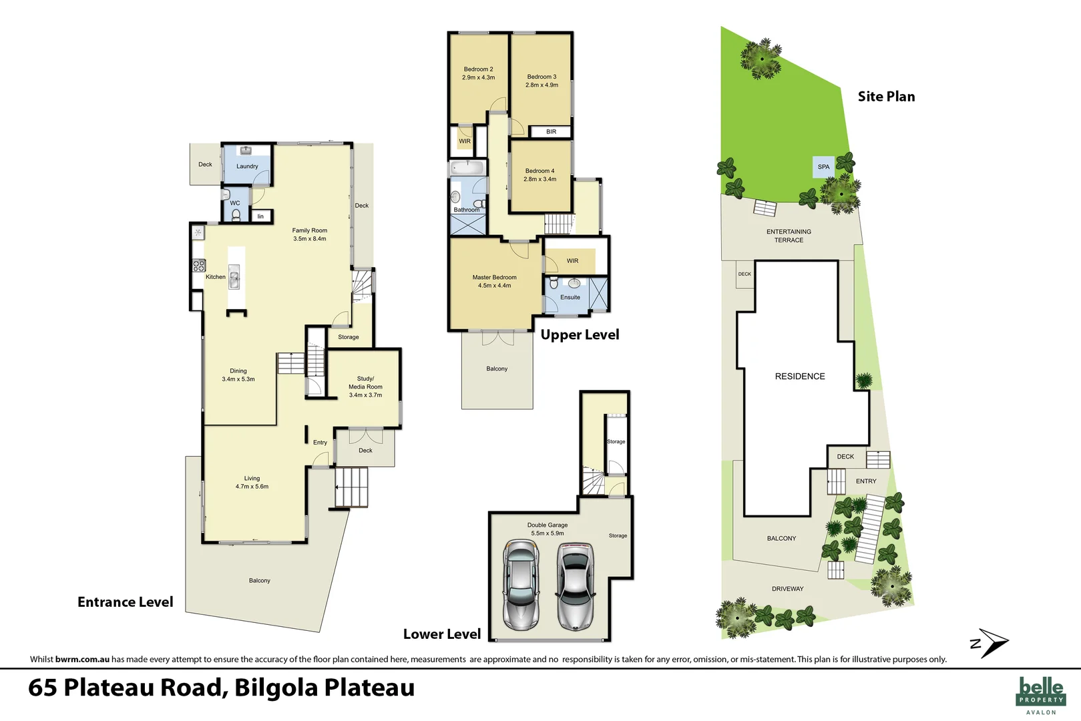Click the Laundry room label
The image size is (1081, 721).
point(247,166)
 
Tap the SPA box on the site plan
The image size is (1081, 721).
point(823,167)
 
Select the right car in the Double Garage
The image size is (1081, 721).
point(575,585)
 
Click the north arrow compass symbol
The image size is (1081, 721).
point(990,643)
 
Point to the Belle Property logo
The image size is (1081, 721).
point(1040,693)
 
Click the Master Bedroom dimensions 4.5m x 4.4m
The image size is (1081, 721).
point(494,286)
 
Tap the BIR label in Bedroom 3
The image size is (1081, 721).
point(551,132)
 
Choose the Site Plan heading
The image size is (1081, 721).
point(886,96)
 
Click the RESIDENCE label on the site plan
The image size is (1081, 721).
point(799,377)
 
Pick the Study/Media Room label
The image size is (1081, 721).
point(365,387)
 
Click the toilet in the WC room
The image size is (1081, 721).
point(236,215)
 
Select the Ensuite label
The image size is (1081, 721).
point(570,297)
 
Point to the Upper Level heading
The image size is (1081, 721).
point(580,334)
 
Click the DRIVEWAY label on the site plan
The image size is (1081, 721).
point(787,589)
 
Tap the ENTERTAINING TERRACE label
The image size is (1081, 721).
point(789,236)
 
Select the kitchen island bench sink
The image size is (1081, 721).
point(234,277)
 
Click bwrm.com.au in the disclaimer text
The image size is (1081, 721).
point(82,659)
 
